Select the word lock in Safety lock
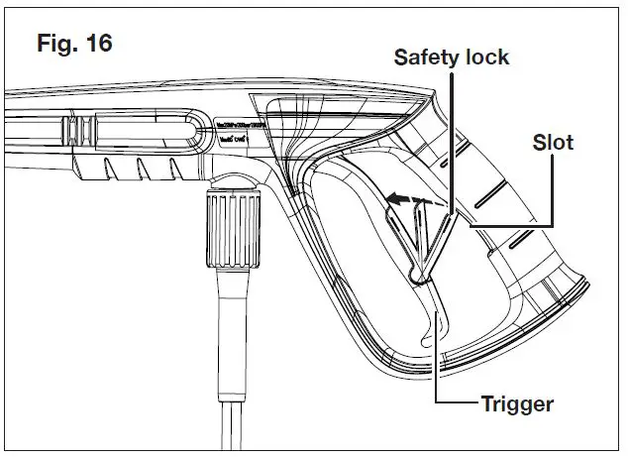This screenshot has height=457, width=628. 486,57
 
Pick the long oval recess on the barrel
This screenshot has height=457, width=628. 139,131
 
